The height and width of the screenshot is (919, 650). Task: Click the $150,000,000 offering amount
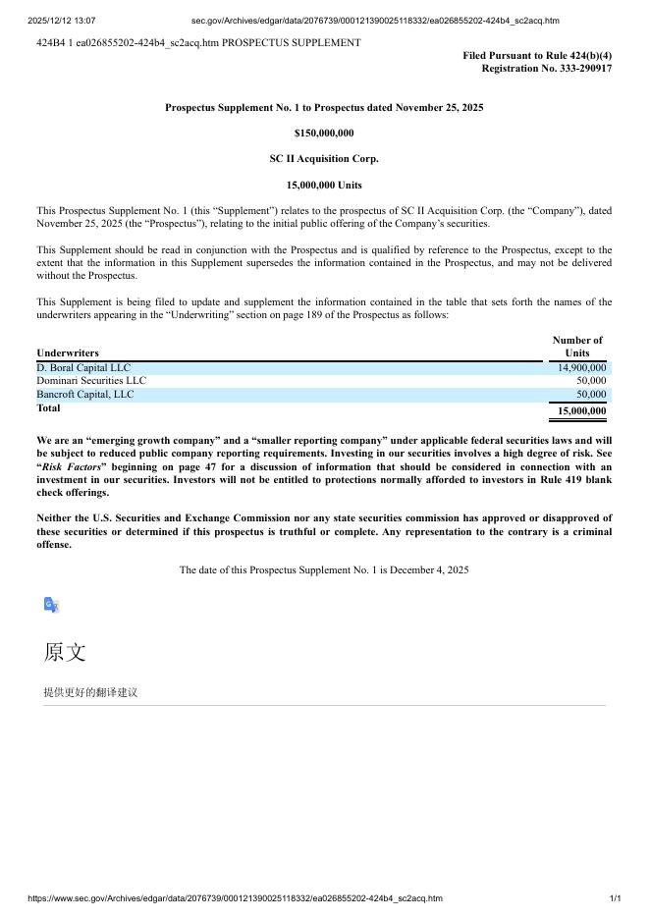[x=324, y=133]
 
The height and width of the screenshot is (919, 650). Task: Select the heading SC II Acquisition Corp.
[x=324, y=158]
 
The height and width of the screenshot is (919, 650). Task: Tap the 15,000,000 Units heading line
[x=324, y=185]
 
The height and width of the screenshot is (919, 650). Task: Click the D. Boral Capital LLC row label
[x=83, y=368]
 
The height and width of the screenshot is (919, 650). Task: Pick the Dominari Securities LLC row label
[x=91, y=381]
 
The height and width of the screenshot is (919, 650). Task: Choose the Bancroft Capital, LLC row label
[x=85, y=395]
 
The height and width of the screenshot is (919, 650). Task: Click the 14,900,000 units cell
[x=581, y=368]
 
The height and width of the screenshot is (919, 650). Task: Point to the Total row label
[x=48, y=408]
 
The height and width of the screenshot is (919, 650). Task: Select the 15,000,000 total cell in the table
[x=581, y=411]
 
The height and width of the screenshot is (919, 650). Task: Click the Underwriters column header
[x=68, y=352]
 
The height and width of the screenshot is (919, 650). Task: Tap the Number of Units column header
[x=577, y=347]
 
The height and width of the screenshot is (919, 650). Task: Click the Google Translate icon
[x=52, y=605]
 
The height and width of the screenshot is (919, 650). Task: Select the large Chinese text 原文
[x=65, y=652]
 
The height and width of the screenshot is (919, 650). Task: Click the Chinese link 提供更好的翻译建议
[x=90, y=692]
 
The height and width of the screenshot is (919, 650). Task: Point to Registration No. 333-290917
[x=546, y=69]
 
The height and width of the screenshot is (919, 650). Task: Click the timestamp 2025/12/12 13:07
[x=62, y=21]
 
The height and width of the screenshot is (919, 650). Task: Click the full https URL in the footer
[x=236, y=898]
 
